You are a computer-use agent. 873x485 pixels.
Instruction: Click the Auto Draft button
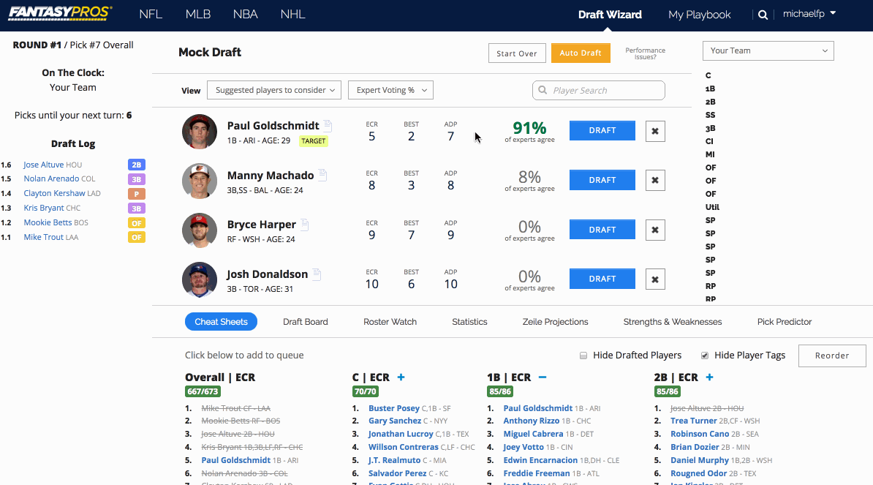pyautogui.click(x=581, y=53)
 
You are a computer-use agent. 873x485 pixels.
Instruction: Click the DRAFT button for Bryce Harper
pyautogui.click(x=602, y=230)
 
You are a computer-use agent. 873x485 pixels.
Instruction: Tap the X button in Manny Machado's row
pyautogui.click(x=655, y=180)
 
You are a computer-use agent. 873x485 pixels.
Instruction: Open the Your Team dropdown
pyautogui.click(x=768, y=50)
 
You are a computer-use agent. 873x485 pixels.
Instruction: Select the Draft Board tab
pyautogui.click(x=305, y=322)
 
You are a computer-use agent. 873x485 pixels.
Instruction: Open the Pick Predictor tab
pyautogui.click(x=785, y=322)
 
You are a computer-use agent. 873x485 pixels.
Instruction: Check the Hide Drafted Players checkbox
pyautogui.click(x=583, y=356)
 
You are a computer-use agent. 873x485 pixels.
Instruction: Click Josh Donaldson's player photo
pyautogui.click(x=200, y=279)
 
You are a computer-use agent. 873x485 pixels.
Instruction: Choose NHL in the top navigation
pyautogui.click(x=292, y=15)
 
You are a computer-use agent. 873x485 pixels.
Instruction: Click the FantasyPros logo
pyautogui.click(x=60, y=13)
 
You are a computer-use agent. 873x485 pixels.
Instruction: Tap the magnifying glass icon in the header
pyautogui.click(x=763, y=15)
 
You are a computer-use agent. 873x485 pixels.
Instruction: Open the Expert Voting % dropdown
pyautogui.click(x=390, y=90)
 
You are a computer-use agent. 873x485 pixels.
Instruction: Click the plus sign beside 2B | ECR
pyautogui.click(x=709, y=377)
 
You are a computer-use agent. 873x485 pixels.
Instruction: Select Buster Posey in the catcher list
pyautogui.click(x=393, y=408)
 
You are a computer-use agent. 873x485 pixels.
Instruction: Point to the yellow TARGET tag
pyautogui.click(x=314, y=141)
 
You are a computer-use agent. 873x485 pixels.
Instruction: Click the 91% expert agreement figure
pyautogui.click(x=529, y=128)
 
